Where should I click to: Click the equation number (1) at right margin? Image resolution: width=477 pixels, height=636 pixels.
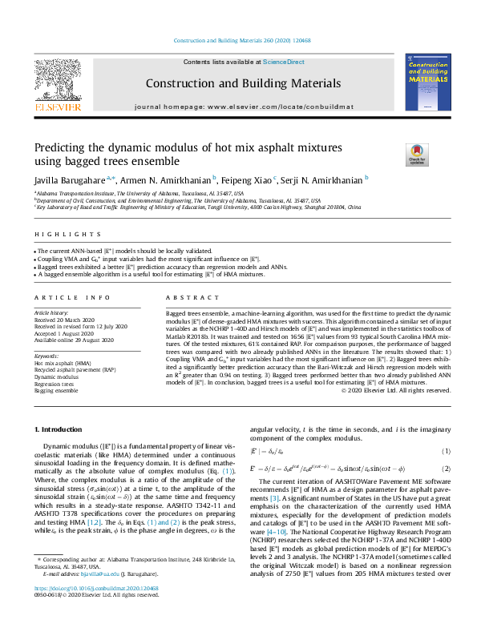click(447, 452)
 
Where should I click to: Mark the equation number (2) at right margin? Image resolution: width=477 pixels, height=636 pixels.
click(447, 469)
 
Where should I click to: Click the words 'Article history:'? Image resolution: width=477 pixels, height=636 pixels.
click(51, 309)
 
